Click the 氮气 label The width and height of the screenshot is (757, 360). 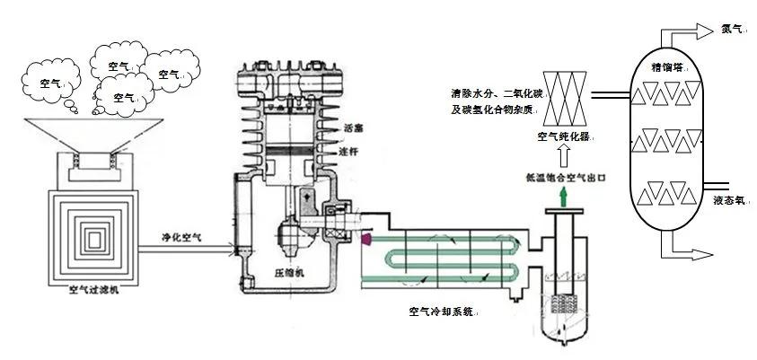pyautogui.click(x=732, y=28)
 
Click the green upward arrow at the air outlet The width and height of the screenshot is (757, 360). pyautogui.click(x=563, y=195)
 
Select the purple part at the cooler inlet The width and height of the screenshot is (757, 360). pyautogui.click(x=366, y=239)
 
